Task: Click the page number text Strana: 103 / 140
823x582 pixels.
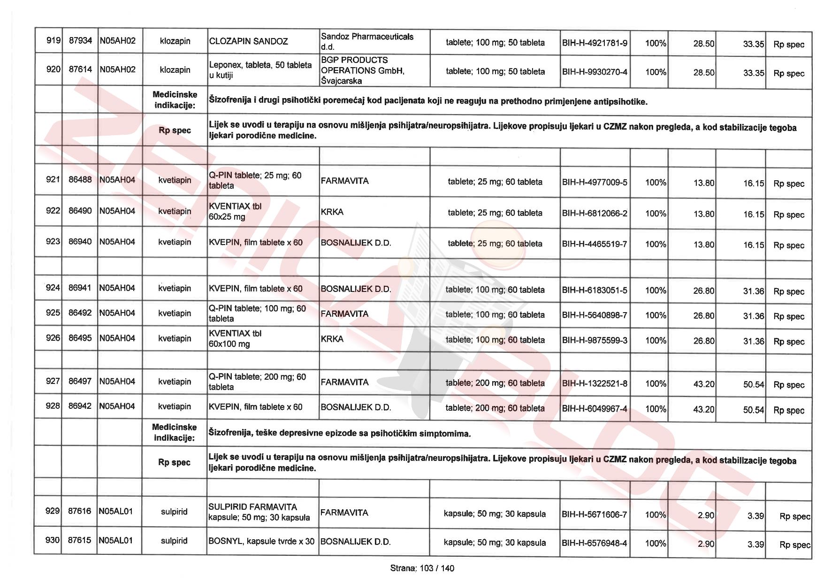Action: pyautogui.click(x=422, y=568)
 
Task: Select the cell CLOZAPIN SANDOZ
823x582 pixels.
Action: pyautogui.click(x=248, y=41)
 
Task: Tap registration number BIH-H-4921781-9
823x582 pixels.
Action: pyautogui.click(x=594, y=43)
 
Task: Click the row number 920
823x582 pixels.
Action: pyautogui.click(x=53, y=69)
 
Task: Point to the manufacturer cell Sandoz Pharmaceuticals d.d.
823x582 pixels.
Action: pyautogui.click(x=367, y=41)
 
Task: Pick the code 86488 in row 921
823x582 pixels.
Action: pyautogui.click(x=80, y=180)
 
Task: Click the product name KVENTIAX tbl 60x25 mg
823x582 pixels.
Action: pyautogui.click(x=235, y=211)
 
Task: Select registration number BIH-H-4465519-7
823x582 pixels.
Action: pyautogui.click(x=594, y=244)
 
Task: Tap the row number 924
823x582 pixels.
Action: pyautogui.click(x=53, y=288)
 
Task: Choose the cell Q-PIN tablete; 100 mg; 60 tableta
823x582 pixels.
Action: pyautogui.click(x=257, y=314)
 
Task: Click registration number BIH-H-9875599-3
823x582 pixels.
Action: pyautogui.click(x=594, y=340)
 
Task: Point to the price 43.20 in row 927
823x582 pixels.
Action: pyautogui.click(x=703, y=384)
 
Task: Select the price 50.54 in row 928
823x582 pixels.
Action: pyautogui.click(x=753, y=410)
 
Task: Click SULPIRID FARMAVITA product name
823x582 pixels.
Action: pyautogui.click(x=252, y=507)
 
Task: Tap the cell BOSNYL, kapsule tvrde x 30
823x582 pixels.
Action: pyautogui.click(x=261, y=541)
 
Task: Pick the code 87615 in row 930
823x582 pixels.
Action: pyautogui.click(x=79, y=540)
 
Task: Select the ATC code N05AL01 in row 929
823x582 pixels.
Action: pyautogui.click(x=115, y=511)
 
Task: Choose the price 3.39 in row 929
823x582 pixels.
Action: pyautogui.click(x=755, y=516)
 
